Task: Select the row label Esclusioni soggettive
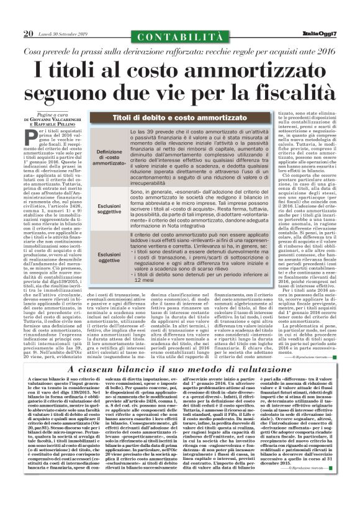(x=110, y=209)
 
